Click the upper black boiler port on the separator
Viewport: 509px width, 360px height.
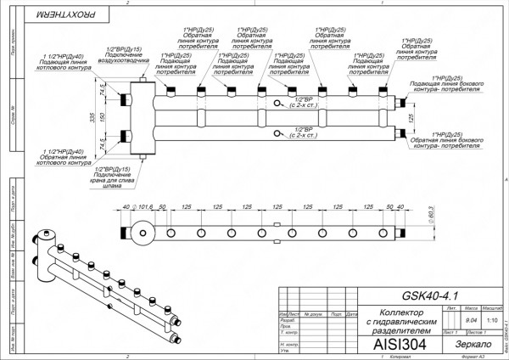click(127, 98)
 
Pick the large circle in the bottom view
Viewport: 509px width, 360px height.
click(142, 232)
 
